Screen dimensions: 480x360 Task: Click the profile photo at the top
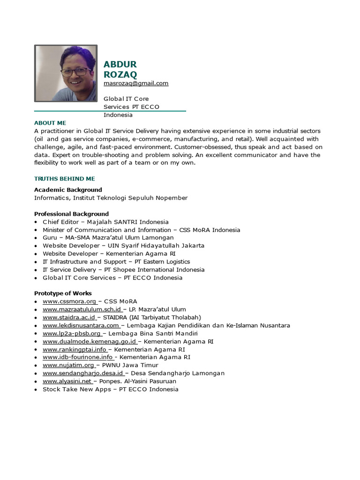tap(66, 73)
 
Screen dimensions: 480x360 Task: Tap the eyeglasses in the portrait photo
tap(76, 72)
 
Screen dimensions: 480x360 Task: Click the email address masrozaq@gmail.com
tap(136, 83)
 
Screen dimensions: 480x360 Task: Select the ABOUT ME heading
tap(50, 123)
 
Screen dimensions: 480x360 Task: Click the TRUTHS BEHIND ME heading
tap(65, 179)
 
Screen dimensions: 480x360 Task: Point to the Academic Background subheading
tap(68, 190)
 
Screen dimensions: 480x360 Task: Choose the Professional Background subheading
tap(71, 214)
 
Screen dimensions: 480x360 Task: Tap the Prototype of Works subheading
tap(63, 293)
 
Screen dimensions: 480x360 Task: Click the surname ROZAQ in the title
tap(120, 75)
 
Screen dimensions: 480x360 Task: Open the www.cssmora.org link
tap(69, 301)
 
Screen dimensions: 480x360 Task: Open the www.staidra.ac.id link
tap(69, 317)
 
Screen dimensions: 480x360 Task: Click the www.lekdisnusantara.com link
tap(81, 325)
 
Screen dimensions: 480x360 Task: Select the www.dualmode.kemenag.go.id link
tap(90, 341)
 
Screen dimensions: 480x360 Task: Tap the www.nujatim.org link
tap(68, 365)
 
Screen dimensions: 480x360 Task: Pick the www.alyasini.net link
tap(67, 381)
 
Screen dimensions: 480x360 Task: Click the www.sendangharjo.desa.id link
tap(83, 373)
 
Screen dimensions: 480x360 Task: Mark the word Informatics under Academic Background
tap(51, 198)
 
